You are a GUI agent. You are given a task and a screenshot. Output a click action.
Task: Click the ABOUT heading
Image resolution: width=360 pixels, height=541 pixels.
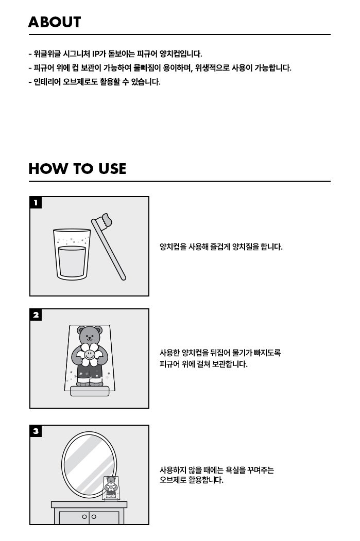coord(55,22)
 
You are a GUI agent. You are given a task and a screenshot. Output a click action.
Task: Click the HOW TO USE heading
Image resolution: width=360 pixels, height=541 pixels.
coord(77,169)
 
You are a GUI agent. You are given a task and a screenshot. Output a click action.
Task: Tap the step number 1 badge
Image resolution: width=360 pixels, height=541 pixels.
coord(36,202)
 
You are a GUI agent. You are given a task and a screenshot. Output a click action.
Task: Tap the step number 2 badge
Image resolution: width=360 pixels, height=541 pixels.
coord(36,315)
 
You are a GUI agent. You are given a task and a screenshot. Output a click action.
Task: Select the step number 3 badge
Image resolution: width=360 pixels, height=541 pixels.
coord(36,431)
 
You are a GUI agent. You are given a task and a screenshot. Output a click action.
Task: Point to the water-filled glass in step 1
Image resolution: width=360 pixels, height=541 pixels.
coord(72,254)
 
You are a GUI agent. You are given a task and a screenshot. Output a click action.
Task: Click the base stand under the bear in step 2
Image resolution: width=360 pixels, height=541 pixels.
coord(90,391)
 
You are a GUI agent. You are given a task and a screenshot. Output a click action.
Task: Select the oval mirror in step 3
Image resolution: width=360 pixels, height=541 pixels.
coord(89,465)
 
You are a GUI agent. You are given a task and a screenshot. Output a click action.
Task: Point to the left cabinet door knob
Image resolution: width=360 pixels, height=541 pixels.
coord(84,517)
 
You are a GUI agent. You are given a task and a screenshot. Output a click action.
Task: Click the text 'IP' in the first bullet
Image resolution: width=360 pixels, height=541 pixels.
coord(96,54)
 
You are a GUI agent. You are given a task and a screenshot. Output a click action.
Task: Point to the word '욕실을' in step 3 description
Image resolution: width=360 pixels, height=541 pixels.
coord(236,470)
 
